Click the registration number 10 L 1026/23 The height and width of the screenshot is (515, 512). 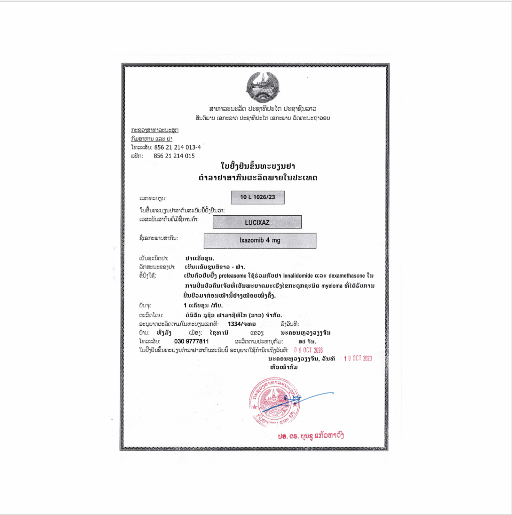(x=258, y=197)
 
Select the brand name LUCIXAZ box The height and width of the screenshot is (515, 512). (x=257, y=222)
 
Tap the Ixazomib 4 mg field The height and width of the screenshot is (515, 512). (x=260, y=240)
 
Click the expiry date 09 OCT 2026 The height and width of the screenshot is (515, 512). (x=311, y=350)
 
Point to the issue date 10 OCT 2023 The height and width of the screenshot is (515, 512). (x=358, y=359)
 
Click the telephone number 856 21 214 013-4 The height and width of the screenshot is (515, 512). (x=177, y=147)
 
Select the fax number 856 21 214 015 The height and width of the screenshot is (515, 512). (x=174, y=156)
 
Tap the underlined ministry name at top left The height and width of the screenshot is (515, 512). (x=155, y=130)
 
